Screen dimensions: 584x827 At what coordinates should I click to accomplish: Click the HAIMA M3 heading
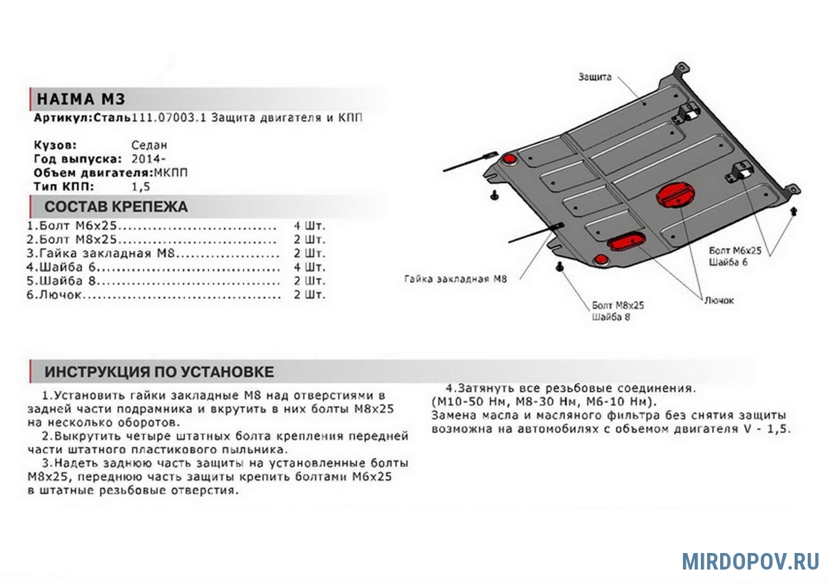coord(81,98)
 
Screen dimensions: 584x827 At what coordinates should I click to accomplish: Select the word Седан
coord(149,145)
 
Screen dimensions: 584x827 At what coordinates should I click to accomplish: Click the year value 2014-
coord(145,159)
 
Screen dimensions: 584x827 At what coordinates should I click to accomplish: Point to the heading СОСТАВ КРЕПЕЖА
coord(116,207)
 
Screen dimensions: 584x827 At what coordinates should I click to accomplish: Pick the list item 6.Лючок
coord(55,295)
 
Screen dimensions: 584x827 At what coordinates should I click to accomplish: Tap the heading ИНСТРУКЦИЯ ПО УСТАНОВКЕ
coord(159,372)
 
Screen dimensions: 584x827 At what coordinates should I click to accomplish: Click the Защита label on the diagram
coord(595,77)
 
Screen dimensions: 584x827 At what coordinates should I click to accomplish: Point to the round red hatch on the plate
coord(674,194)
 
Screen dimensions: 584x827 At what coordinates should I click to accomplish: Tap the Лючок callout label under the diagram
coord(719,300)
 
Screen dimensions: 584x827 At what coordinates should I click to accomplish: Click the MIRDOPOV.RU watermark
coord(751,561)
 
